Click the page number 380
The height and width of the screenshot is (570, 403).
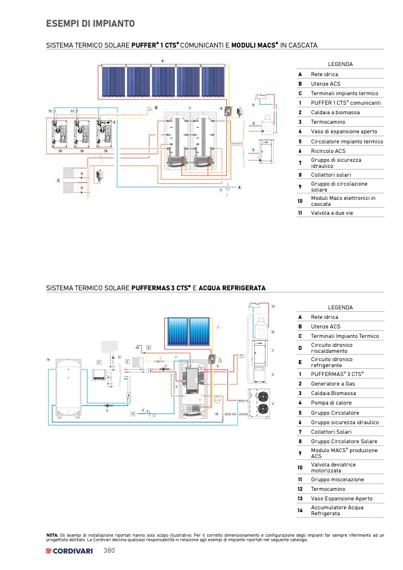[x=109, y=551]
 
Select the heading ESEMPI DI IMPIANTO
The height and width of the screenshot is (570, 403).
[x=90, y=24]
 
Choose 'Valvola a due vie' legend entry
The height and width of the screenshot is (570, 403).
[x=332, y=212]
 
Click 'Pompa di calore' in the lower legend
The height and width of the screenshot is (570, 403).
[x=331, y=403]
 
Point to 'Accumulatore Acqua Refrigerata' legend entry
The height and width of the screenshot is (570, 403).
[x=336, y=511]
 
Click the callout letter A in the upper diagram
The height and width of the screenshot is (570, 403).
[x=239, y=187]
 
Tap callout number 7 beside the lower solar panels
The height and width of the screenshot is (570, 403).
[x=218, y=328]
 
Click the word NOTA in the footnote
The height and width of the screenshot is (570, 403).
[x=52, y=535]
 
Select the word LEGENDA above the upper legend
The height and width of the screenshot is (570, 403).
[x=340, y=64]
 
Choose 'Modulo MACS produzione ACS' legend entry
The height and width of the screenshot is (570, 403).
[x=336, y=453]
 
